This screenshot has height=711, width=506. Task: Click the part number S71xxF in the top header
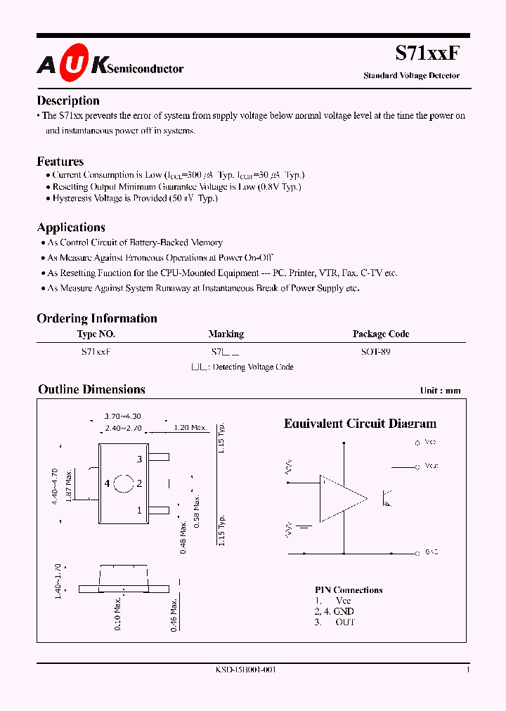[x=427, y=54]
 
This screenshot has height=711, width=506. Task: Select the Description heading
[x=68, y=100]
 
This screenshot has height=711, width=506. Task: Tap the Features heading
[x=60, y=162]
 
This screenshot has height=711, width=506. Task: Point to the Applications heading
[x=71, y=228]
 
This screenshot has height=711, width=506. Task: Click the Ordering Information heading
[x=97, y=318]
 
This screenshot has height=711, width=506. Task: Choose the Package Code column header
[x=380, y=334]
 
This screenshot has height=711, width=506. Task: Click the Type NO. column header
[x=96, y=334]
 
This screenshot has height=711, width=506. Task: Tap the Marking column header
[x=226, y=334]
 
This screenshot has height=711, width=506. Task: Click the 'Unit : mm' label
[x=441, y=391]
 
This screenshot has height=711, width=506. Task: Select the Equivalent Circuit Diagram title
[x=360, y=424]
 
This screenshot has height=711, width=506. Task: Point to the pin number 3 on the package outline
[x=139, y=459]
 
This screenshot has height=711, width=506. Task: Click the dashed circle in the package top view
[x=124, y=484]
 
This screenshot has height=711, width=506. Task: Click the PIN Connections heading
[x=349, y=590]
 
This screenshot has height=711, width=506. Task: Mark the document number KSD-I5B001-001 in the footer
[x=246, y=670]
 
